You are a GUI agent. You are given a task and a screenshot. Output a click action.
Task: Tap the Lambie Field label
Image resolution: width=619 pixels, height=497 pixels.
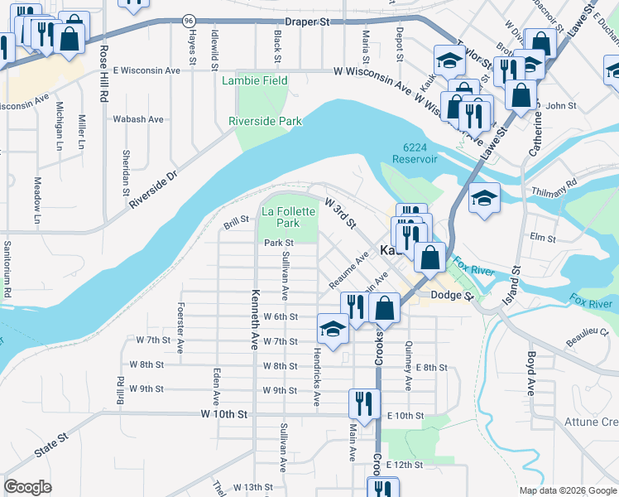point(255,81)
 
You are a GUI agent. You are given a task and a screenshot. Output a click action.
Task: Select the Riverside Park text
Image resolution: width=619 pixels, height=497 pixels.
point(265,122)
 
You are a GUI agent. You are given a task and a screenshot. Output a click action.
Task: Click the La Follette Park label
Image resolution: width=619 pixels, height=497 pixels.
point(288,217)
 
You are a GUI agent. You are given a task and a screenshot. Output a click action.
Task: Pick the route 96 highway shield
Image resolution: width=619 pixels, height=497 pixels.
point(190,19)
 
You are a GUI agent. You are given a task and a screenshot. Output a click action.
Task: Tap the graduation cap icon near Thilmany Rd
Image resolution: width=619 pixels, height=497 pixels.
point(485,199)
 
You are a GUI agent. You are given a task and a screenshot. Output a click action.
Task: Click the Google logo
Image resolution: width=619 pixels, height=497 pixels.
point(27,486)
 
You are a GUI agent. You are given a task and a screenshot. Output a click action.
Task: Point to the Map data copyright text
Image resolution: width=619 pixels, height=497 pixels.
point(568,490)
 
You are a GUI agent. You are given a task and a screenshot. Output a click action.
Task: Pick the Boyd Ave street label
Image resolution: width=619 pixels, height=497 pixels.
point(531,374)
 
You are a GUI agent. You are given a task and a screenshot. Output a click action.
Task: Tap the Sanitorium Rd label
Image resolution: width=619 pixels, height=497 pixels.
point(7,268)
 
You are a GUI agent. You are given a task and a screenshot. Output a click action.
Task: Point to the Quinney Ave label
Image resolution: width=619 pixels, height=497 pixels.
point(408,367)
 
